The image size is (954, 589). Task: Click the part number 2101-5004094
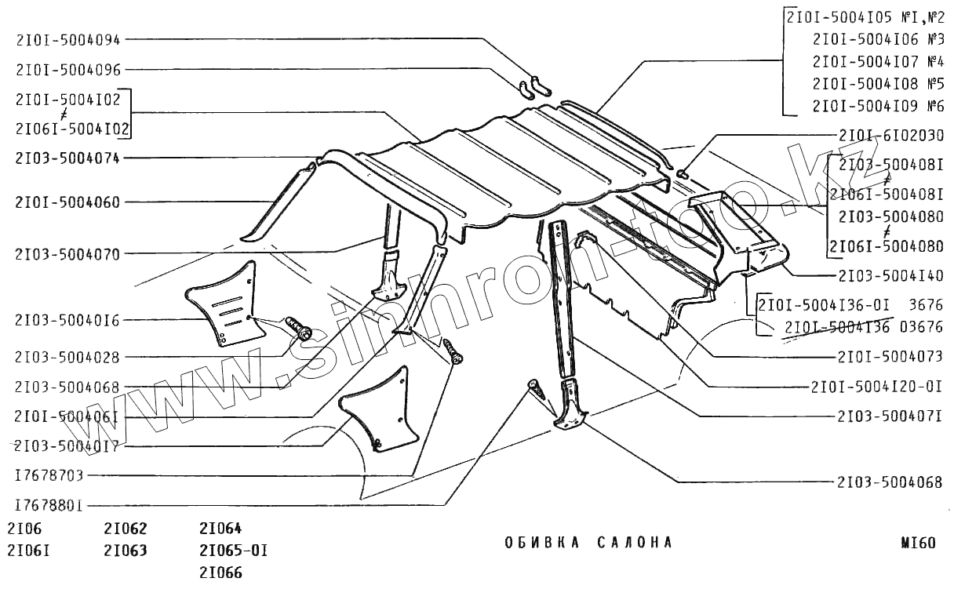(x=67, y=38)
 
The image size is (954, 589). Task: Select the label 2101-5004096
(x=67, y=70)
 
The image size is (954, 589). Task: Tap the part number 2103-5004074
(x=67, y=158)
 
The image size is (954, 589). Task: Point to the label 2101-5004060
(x=67, y=202)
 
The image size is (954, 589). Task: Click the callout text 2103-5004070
(x=67, y=253)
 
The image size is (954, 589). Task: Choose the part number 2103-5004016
(x=67, y=320)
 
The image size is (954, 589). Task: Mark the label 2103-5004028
(x=67, y=358)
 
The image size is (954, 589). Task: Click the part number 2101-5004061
(x=67, y=416)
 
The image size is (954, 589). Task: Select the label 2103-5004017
(x=67, y=445)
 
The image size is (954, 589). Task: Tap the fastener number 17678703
(x=49, y=475)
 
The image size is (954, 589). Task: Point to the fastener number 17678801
(x=49, y=504)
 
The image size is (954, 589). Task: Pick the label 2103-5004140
(x=890, y=276)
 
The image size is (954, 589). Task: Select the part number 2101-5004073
(x=890, y=357)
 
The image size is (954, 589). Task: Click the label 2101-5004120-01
(x=877, y=387)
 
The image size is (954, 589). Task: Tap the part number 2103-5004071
(x=890, y=416)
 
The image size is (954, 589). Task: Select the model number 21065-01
(x=234, y=550)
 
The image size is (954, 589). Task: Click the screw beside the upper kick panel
(x=298, y=328)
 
